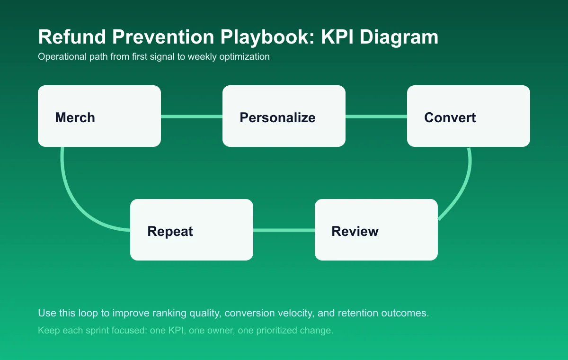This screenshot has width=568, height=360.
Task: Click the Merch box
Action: pos(99,116)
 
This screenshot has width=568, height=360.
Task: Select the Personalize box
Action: pos(284,116)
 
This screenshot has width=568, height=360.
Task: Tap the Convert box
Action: pos(469,116)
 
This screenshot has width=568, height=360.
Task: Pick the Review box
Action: pos(376,230)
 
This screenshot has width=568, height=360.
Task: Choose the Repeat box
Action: pos(192,230)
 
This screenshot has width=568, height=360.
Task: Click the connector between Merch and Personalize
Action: pos(192,116)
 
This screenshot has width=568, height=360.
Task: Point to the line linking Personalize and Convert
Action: pos(376,116)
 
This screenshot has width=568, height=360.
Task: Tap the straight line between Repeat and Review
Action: pos(284,230)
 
